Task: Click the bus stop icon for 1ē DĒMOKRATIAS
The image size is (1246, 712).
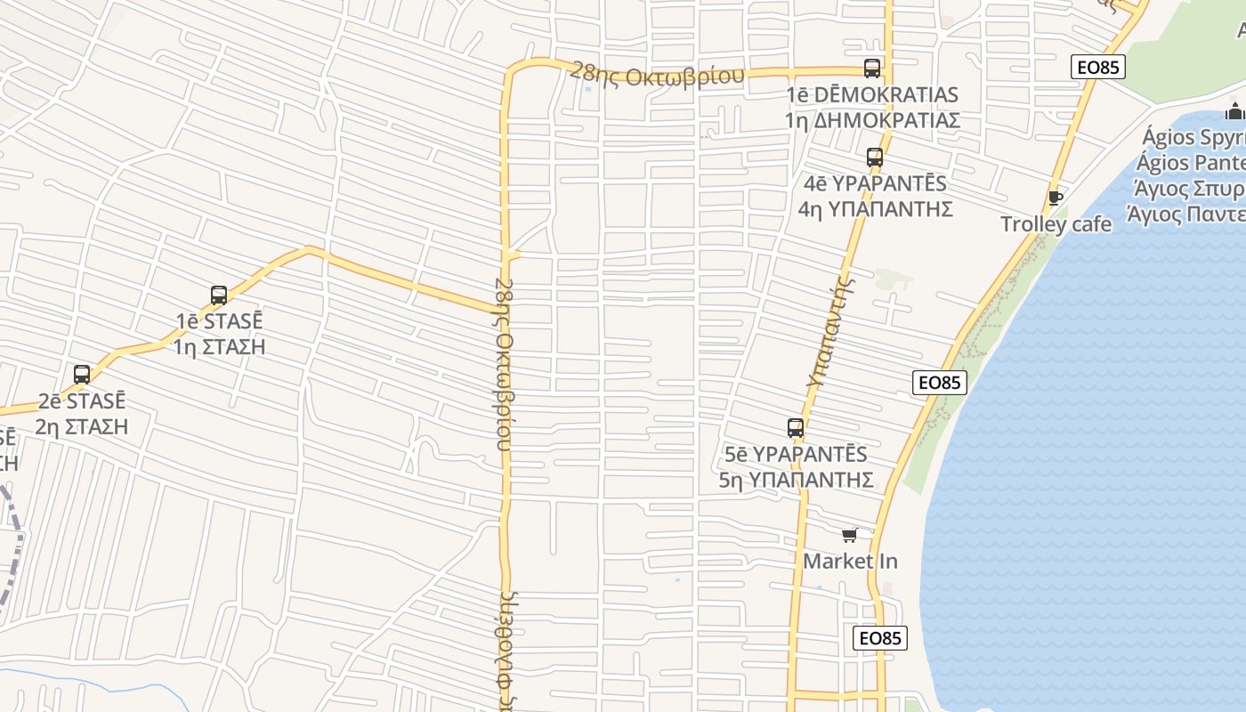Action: tap(872, 69)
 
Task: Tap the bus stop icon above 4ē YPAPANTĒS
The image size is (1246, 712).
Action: tap(875, 158)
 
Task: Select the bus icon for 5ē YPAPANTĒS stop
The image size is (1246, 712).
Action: tap(796, 428)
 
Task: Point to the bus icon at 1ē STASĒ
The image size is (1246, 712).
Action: tap(219, 295)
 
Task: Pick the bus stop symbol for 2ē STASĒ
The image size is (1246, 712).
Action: tap(82, 375)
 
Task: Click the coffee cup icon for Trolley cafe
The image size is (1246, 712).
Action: tap(1056, 198)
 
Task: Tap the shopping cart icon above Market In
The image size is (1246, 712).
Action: tap(850, 535)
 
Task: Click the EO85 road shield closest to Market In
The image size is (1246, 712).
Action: tap(880, 638)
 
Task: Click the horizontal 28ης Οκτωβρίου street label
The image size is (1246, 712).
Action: tap(657, 76)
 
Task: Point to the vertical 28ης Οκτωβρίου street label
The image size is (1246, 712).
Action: tap(504, 365)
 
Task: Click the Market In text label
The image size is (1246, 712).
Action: tap(850, 562)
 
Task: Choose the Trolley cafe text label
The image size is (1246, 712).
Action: tap(1056, 223)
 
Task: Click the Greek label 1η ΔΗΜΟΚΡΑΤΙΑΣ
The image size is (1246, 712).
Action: tap(872, 120)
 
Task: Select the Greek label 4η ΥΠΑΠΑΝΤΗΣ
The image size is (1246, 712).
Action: tap(875, 209)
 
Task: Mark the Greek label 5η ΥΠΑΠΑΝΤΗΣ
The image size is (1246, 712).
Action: tap(796, 480)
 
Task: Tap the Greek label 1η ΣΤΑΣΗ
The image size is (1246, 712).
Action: tap(219, 346)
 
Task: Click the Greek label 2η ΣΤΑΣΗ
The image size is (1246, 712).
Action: tap(82, 426)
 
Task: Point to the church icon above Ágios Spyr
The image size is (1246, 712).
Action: tap(1234, 111)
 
